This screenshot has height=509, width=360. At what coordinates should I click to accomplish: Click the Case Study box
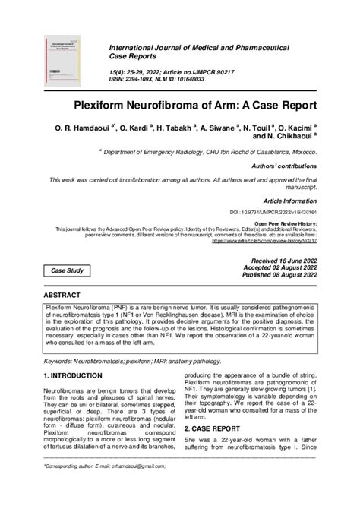pos(68,270)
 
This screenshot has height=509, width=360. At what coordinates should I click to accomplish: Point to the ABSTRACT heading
pos(62,293)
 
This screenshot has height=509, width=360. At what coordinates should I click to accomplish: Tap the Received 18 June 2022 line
pos(280,260)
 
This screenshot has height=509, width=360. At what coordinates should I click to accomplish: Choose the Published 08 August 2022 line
pos(279,275)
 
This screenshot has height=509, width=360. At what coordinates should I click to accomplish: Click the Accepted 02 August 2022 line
pos(279,267)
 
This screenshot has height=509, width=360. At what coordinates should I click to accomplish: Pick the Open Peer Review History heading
pos(286,225)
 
